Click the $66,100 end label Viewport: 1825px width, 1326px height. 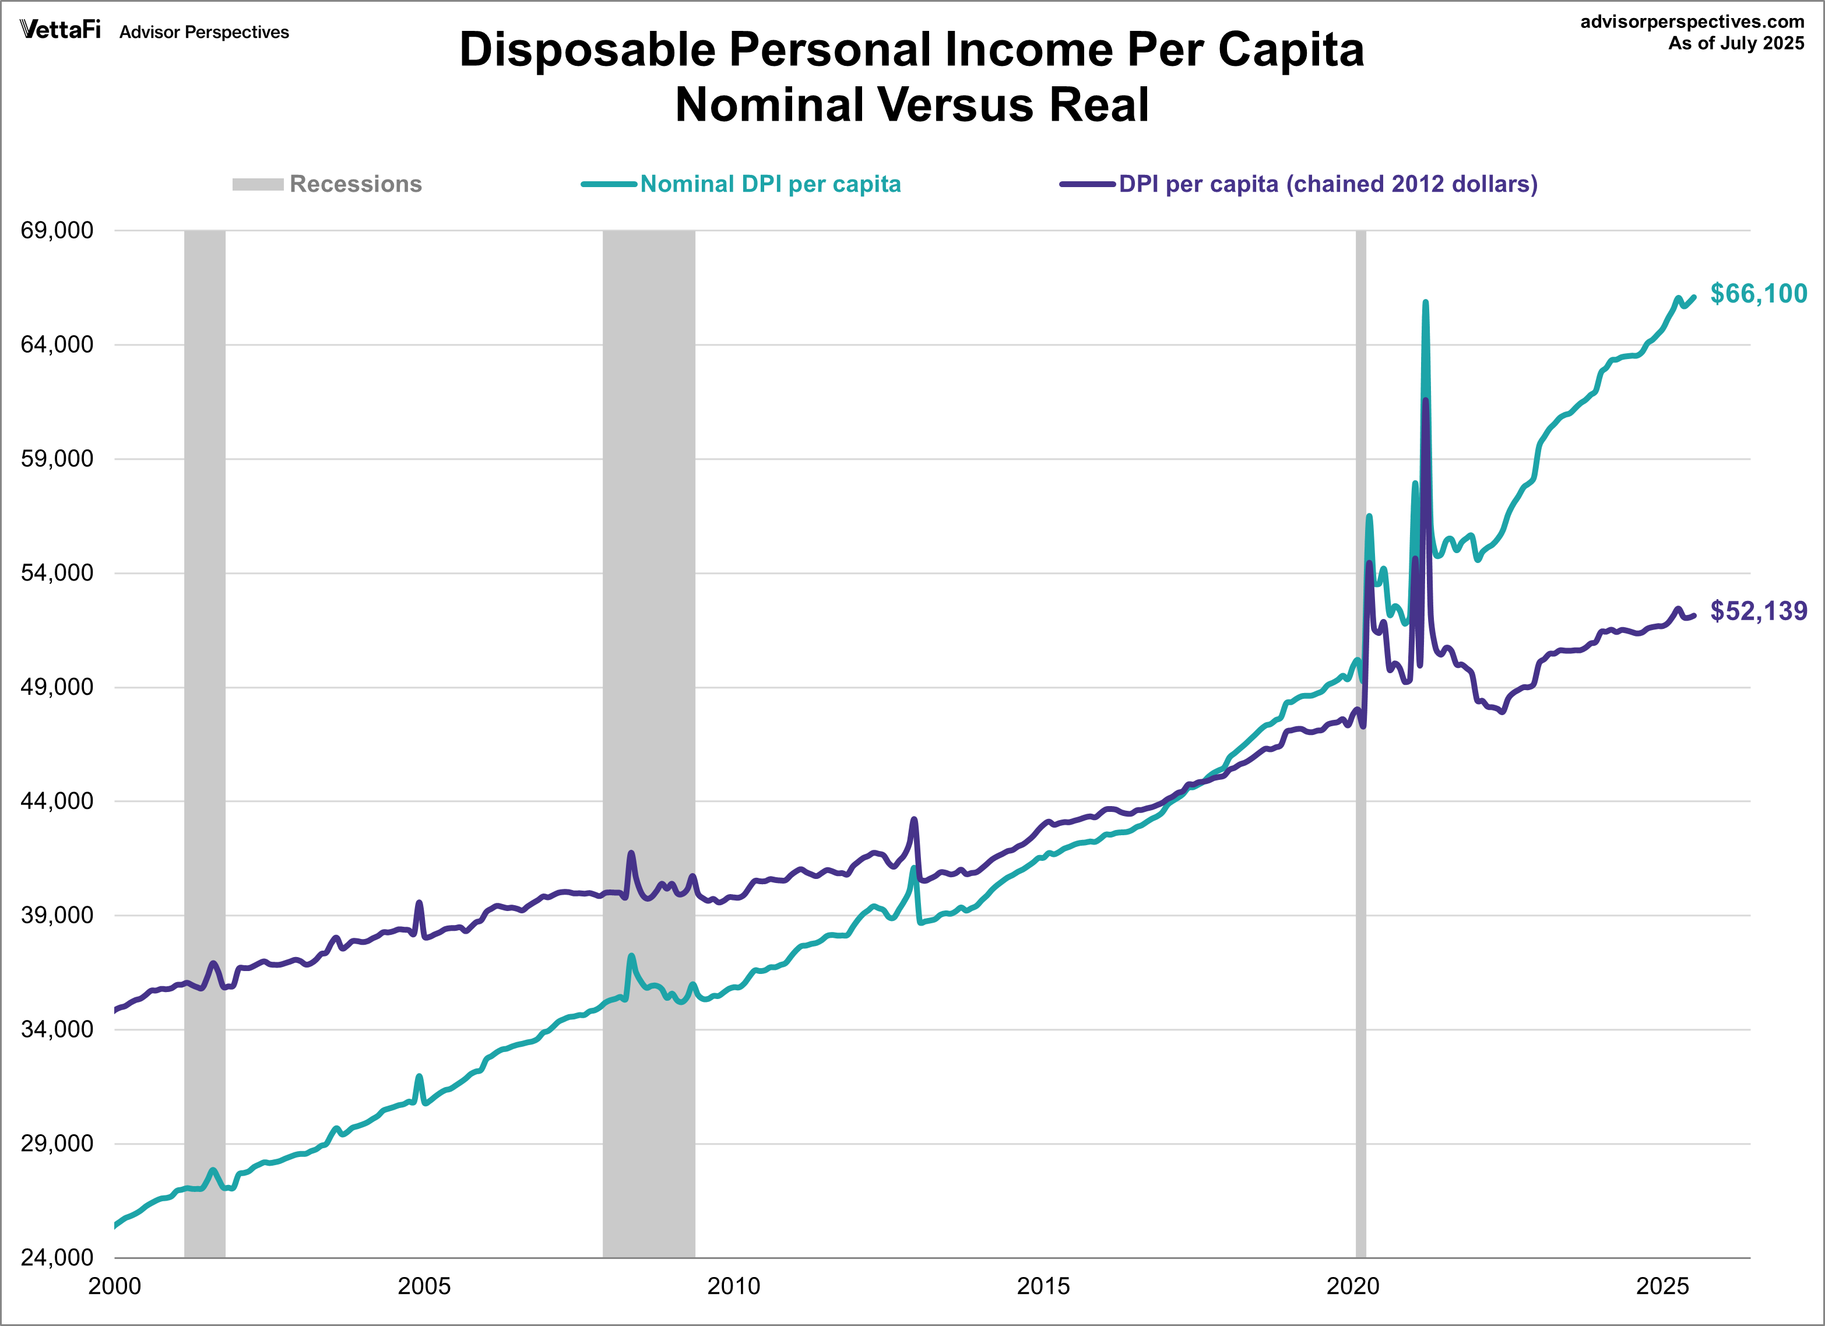tap(1758, 294)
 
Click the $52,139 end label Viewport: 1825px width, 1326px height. tap(1758, 611)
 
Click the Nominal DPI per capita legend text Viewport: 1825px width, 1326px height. tap(770, 184)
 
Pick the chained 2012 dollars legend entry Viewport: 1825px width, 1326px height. tap(1328, 184)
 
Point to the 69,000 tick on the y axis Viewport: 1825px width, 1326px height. tap(57, 230)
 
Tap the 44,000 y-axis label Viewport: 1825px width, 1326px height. tap(57, 801)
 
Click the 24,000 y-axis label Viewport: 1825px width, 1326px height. tap(57, 1257)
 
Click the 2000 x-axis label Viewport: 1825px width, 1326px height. tap(115, 1286)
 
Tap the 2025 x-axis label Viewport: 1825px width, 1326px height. tap(1662, 1286)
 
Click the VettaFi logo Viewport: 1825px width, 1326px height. tap(61, 30)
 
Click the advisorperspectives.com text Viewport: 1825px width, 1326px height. tap(1692, 22)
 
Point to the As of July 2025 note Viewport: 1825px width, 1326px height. tap(1736, 44)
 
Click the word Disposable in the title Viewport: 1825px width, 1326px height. tap(588, 50)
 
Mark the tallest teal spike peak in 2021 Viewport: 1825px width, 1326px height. tap(1425, 303)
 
